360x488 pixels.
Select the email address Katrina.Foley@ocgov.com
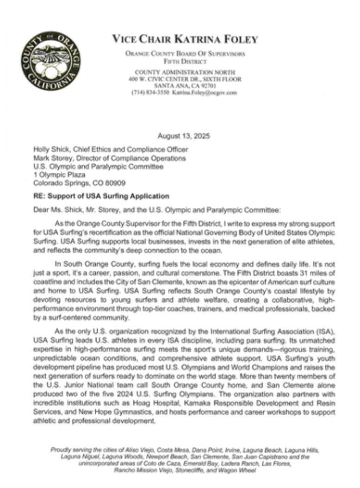pos(204,93)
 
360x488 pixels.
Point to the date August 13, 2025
pos(184,136)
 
